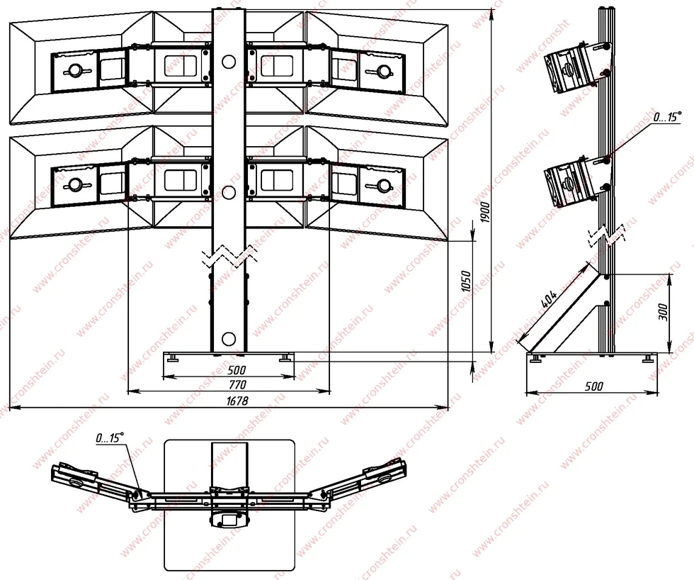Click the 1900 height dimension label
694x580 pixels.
[485, 212]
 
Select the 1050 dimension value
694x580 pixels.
[466, 281]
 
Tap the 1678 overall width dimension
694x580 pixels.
[238, 401]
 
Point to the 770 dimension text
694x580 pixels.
[238, 384]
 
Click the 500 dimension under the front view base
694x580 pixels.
[237, 370]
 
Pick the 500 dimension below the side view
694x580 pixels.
[593, 386]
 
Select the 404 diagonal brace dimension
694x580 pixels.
[549, 301]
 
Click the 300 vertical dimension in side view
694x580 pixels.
[663, 313]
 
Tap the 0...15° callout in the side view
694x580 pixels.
[667, 117]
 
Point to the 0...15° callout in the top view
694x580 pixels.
[109, 438]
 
